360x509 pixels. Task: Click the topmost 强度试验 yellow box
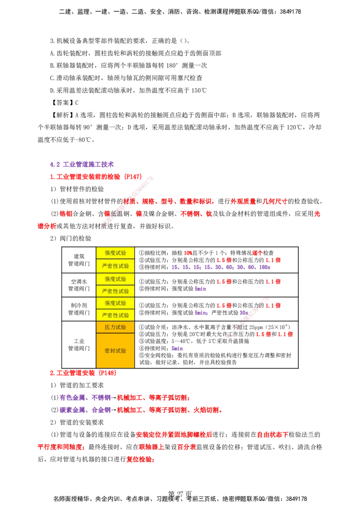click(115, 253)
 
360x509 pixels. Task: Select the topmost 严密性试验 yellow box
click(115, 266)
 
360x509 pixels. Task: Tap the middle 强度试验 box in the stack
click(115, 279)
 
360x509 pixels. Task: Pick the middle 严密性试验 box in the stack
click(115, 291)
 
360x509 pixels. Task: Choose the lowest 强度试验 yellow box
click(115, 303)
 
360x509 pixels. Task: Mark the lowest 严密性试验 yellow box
click(115, 315)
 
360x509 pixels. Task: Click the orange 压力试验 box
click(115, 327)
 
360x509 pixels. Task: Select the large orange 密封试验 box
click(115, 351)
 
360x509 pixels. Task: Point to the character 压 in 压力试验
click(108, 327)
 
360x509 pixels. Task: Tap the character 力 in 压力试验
click(112, 327)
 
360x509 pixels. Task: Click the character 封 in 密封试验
click(112, 351)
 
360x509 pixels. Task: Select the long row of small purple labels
click(220, 267)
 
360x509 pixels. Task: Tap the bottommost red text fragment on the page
click(140, 460)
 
